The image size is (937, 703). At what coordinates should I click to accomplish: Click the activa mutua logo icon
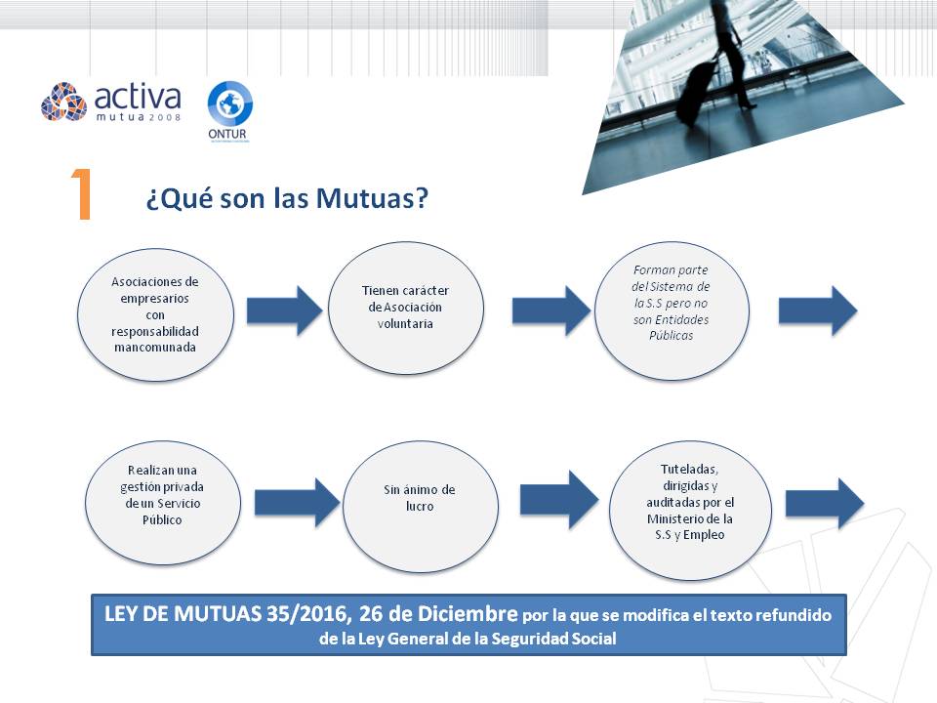[x=64, y=102]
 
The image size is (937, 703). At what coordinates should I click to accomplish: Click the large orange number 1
[x=82, y=193]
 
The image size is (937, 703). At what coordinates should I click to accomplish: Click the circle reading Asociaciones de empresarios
[x=155, y=314]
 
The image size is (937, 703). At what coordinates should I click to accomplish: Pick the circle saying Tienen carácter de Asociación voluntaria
[x=406, y=308]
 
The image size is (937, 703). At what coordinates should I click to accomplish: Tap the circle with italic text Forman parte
[x=672, y=310]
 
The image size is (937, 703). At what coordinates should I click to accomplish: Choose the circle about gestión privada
[x=163, y=503]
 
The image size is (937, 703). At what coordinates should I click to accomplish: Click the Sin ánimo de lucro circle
[x=420, y=506]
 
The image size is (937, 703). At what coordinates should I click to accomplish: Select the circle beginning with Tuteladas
[x=690, y=510]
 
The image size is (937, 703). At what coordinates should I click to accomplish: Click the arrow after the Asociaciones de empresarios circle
[x=284, y=310]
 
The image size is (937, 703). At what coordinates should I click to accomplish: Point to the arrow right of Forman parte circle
[x=818, y=310]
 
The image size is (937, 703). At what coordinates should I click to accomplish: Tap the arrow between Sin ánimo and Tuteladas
[x=558, y=499]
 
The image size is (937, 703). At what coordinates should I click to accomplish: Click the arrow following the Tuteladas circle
[x=824, y=504]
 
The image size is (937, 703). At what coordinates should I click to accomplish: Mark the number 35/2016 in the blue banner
[x=306, y=614]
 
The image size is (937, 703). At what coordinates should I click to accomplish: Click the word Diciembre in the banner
[x=468, y=614]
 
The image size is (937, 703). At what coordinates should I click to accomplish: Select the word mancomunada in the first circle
[x=155, y=348]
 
